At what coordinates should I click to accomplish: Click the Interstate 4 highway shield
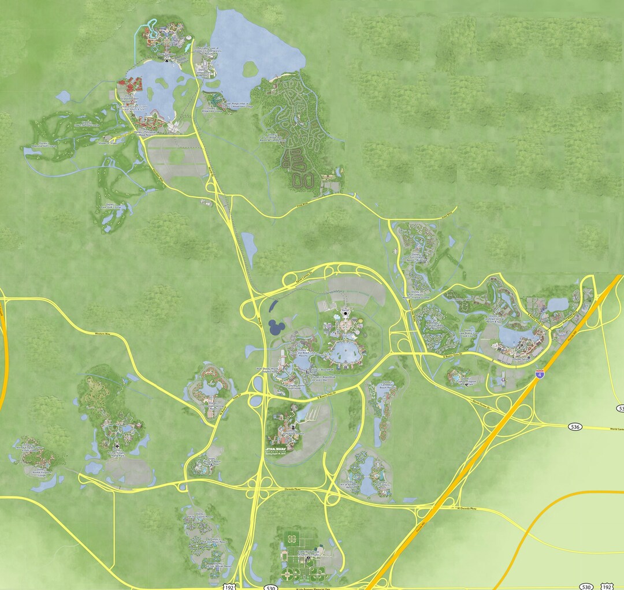click(540, 374)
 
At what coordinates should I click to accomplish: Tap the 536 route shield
click(574, 427)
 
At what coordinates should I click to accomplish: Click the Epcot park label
click(345, 312)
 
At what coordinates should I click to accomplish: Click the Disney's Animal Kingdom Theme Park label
click(116, 452)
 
